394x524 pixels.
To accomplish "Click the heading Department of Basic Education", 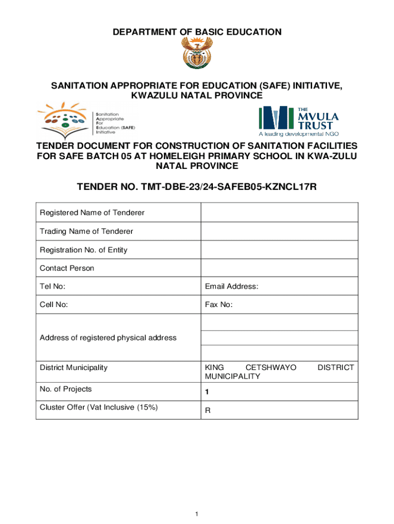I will tap(197, 32).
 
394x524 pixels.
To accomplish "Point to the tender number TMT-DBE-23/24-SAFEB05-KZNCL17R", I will tap(197, 187).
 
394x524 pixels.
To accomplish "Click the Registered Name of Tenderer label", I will tap(92, 212).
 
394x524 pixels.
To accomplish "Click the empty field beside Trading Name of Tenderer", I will tap(279, 231).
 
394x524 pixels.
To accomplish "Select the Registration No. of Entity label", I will tap(84, 250).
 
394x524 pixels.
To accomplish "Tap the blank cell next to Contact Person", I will tap(279, 268).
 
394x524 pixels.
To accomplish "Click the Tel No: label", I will tap(53, 287).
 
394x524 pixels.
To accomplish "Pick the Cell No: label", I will tap(54, 305).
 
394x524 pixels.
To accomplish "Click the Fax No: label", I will tap(219, 305).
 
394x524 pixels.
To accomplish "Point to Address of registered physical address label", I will tap(108, 338).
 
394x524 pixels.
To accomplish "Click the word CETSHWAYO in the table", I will tap(271, 367).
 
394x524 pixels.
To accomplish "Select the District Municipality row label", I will tap(74, 367).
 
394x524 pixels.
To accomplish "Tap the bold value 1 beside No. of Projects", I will tap(207, 392).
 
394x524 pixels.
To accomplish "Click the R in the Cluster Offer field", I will tap(208, 410).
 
